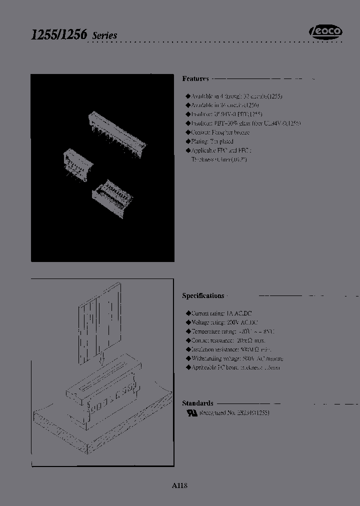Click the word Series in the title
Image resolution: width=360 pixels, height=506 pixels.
104,35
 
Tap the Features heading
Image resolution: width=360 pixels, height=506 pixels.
195,79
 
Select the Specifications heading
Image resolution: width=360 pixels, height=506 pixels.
203,295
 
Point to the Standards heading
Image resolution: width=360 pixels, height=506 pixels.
197,403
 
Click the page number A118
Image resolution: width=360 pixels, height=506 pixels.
179,485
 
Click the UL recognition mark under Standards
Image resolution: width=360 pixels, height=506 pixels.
191,413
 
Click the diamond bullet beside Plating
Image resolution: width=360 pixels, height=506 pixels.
188,141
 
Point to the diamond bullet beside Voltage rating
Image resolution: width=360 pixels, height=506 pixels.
188,322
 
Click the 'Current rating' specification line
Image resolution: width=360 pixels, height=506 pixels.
225,313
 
